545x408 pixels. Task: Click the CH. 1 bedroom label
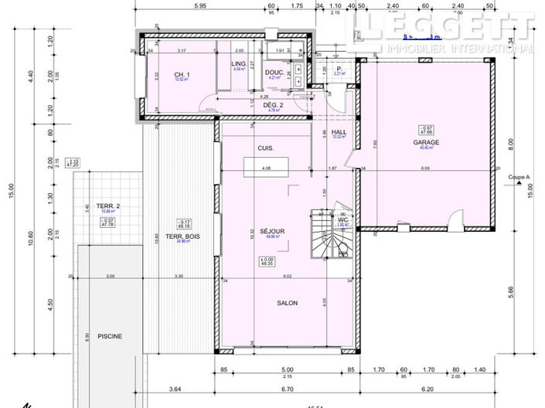point(182,73)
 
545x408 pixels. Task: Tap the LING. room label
point(239,63)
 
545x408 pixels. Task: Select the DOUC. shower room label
point(274,72)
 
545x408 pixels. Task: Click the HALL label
point(338,132)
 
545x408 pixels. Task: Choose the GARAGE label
point(426,142)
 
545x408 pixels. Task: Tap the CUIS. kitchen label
point(266,148)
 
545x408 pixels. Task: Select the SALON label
point(288,303)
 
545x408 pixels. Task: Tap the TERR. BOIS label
point(183,236)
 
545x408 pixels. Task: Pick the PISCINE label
point(110,336)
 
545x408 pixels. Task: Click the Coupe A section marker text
point(519,177)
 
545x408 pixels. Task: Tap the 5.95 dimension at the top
point(199,6)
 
